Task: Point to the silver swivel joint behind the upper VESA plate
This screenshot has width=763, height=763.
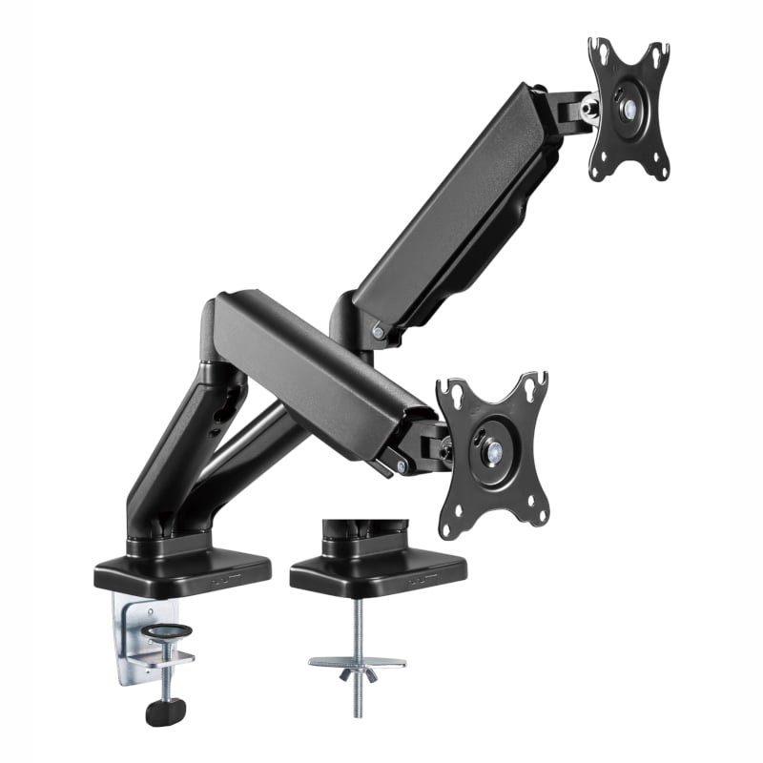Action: point(588,109)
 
